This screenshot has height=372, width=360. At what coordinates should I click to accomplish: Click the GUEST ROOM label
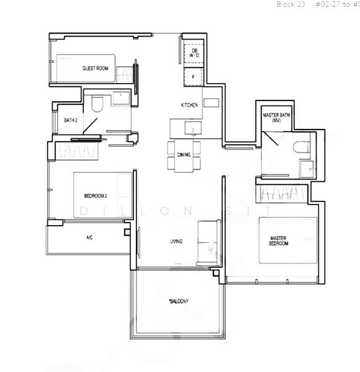pos(95,68)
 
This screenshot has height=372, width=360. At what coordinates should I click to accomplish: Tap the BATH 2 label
pos(70,121)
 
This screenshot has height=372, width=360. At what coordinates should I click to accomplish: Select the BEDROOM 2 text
pos(96,196)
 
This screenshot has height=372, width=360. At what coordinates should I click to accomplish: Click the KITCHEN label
pos(189,105)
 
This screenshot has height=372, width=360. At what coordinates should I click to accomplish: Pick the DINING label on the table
pos(184,155)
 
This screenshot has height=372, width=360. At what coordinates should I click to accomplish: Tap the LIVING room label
pos(176,241)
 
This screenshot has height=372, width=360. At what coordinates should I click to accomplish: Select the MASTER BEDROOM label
pos(279,241)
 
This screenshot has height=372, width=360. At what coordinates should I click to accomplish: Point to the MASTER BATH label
pos(273,118)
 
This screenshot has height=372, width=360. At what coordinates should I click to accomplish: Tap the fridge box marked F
pos(194,77)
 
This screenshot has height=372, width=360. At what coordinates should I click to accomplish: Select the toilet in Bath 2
pos(96,104)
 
